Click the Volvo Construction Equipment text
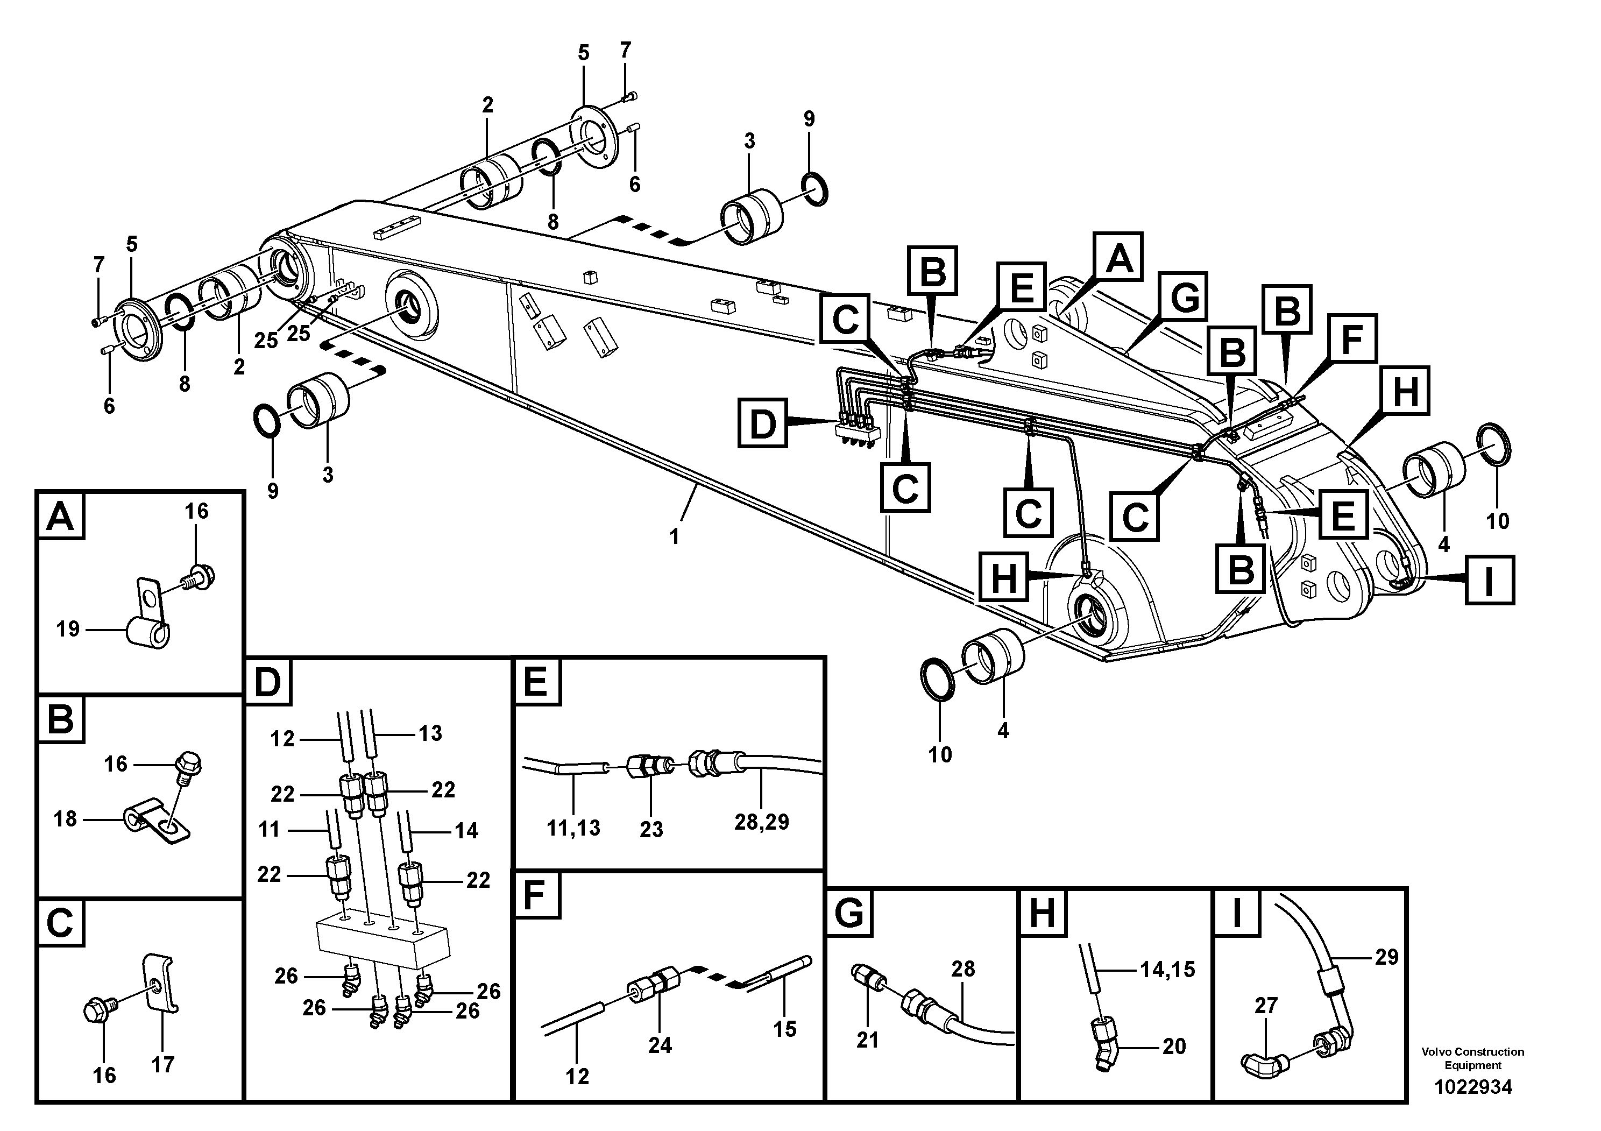(x=1473, y=1058)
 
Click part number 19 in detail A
(x=68, y=630)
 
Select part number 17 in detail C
(x=162, y=1065)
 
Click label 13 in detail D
(x=430, y=733)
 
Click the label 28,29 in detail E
(x=761, y=822)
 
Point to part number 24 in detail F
(x=660, y=1045)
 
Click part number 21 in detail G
(x=867, y=1040)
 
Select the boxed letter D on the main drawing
(x=762, y=423)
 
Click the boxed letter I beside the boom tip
(x=1489, y=579)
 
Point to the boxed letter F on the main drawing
(x=1352, y=339)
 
